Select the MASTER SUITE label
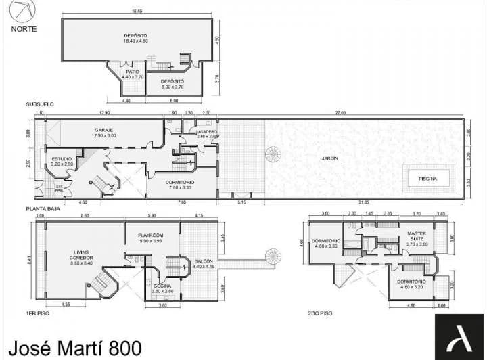point(416,236)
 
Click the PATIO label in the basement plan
point(130,73)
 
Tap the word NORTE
point(24,29)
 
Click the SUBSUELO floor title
point(39,104)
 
